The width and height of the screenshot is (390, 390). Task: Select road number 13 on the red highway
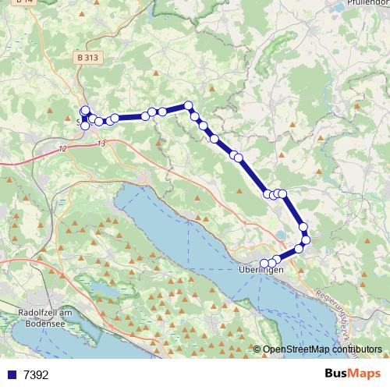pyautogui.click(x=101, y=144)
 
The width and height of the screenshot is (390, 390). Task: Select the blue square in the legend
pyautogui.click(x=10, y=375)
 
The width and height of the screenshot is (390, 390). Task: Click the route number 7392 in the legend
pyautogui.click(x=36, y=375)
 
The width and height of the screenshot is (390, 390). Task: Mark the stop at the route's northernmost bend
pyautogui.click(x=188, y=105)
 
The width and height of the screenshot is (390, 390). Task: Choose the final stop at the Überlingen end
pyautogui.click(x=264, y=263)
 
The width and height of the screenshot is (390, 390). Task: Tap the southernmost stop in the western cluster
pyautogui.click(x=84, y=126)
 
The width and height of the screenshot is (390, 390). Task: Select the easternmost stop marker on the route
pyautogui.click(x=306, y=239)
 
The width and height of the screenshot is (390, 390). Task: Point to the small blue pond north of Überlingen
pyautogui.click(x=281, y=234)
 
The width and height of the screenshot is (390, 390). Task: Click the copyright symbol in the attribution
pyautogui.click(x=257, y=349)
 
